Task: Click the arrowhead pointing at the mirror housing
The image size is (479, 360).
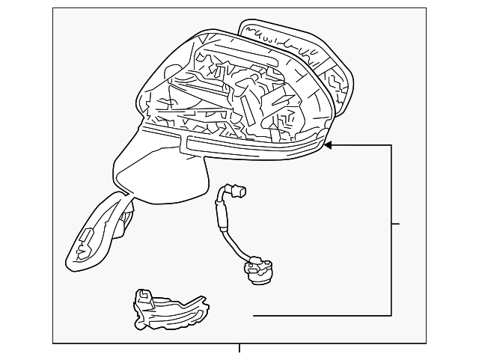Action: coord(329,144)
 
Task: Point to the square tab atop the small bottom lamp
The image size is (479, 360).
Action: coord(141,294)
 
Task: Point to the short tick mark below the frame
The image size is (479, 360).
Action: coord(239,347)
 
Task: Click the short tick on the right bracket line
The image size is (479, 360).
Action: coord(396,224)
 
